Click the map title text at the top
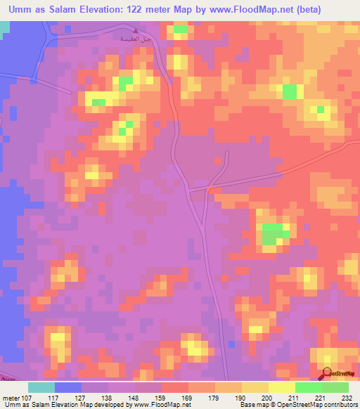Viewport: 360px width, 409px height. tap(179, 10)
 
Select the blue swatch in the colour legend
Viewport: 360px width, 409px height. tap(68, 387)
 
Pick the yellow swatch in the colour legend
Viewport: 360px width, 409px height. tap(255, 387)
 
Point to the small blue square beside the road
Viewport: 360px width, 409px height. tap(231, 344)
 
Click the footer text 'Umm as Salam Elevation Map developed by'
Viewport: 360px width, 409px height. tap(63, 404)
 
